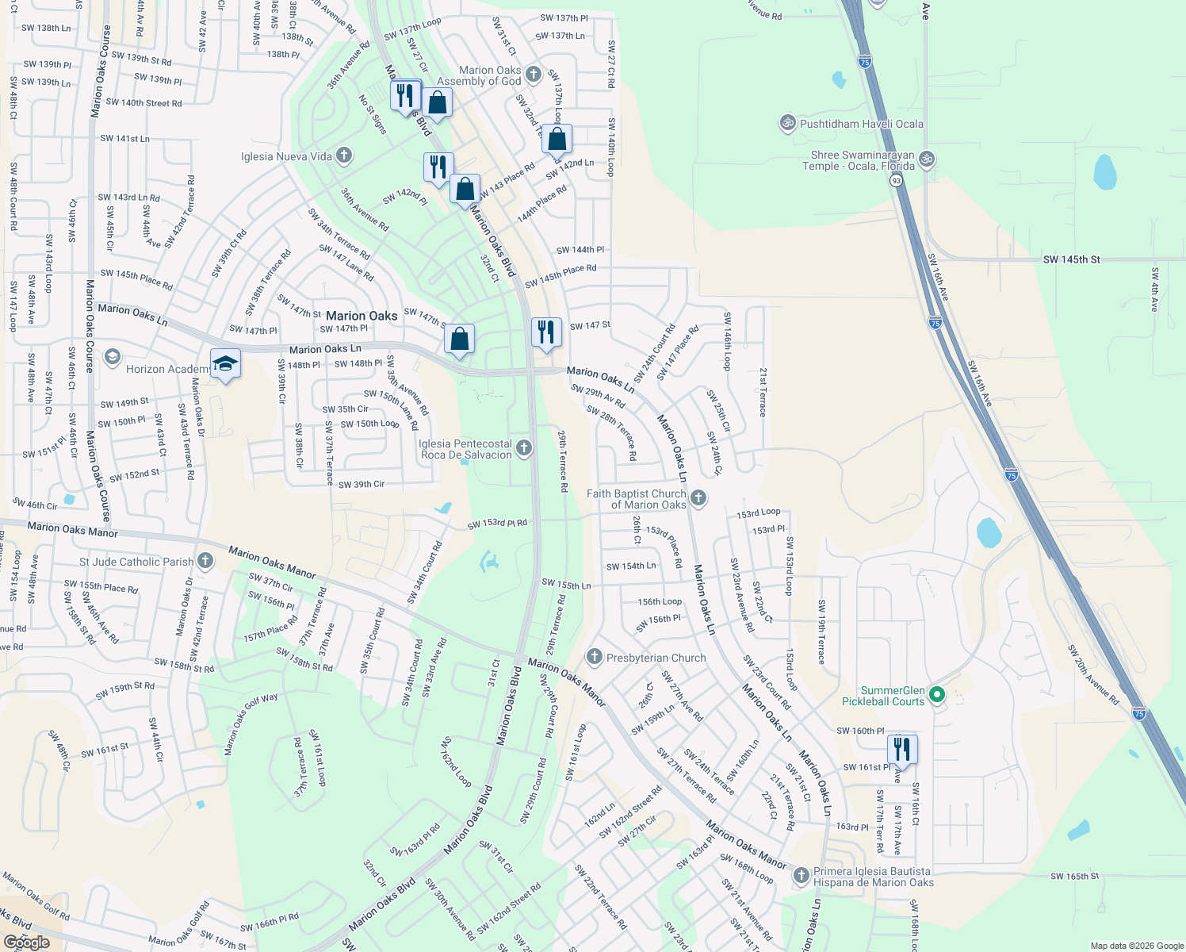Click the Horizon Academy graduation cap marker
(x=225, y=363)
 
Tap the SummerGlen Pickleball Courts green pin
(x=937, y=695)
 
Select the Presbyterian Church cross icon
(x=595, y=657)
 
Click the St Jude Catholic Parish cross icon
(x=205, y=561)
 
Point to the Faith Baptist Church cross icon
(x=698, y=497)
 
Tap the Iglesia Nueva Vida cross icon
(x=343, y=155)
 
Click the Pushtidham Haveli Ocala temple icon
(x=788, y=123)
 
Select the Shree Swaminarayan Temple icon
(x=926, y=159)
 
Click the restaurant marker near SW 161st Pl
(x=902, y=748)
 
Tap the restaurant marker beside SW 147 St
(x=545, y=331)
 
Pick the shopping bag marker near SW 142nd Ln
(x=557, y=139)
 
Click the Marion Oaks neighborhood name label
(x=362, y=316)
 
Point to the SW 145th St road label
(x=1071, y=259)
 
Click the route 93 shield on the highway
(x=896, y=181)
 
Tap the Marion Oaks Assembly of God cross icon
(x=533, y=75)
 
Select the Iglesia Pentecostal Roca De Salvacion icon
(x=523, y=448)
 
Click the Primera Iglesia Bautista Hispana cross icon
(x=801, y=875)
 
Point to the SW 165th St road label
(x=1074, y=876)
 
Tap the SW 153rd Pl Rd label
(x=497, y=524)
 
